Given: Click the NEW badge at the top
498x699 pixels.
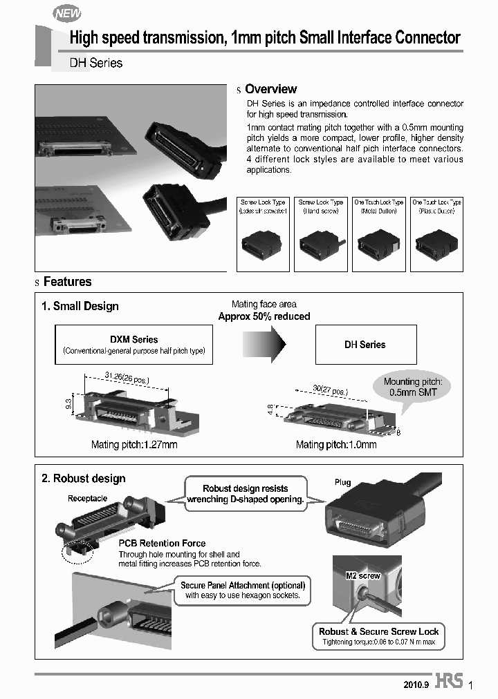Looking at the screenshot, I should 67,13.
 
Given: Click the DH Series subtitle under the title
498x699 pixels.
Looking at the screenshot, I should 96,63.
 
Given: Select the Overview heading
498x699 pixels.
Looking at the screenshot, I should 270,89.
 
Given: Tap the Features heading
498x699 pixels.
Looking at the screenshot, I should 67,282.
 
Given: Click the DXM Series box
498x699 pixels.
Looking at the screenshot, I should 134,345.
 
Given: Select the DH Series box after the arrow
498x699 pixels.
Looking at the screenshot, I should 365,345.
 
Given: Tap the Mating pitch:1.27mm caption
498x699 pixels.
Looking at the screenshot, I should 134,445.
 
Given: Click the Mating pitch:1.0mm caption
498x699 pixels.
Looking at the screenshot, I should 336,445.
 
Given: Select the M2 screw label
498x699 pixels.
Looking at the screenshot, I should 362,575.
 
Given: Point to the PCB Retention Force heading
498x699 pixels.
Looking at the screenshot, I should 162,544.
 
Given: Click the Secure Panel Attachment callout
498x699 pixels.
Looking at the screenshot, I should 242,590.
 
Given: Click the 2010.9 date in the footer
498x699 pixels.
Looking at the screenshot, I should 416,685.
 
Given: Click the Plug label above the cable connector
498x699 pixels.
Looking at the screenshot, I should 342,482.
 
